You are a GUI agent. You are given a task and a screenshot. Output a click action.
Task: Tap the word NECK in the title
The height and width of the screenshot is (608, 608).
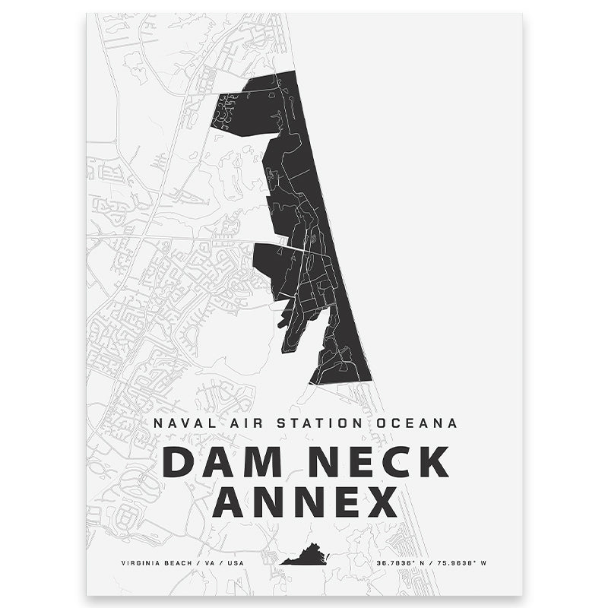(x=368, y=463)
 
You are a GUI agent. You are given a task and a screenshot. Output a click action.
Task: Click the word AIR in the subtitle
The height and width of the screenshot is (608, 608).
(x=233, y=423)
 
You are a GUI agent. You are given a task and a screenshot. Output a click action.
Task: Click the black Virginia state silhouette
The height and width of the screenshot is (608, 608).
(x=303, y=556)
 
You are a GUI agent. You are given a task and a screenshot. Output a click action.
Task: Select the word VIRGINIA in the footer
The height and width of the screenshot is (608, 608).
(x=141, y=563)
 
